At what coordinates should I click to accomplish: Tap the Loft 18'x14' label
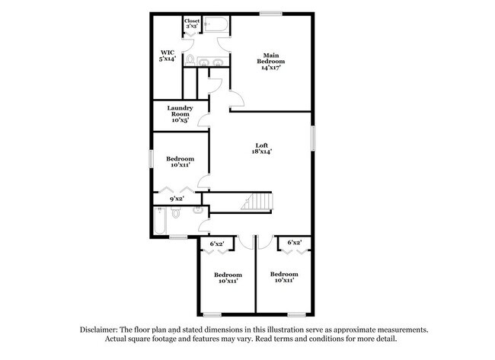point(261,148)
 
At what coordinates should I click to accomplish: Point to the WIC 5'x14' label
point(168,56)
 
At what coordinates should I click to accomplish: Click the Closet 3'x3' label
point(192,24)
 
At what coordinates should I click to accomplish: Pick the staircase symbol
point(256,202)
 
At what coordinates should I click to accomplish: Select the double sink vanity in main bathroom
point(213,62)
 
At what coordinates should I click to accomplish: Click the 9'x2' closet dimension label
point(176,199)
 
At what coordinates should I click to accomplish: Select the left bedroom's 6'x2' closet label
point(216,244)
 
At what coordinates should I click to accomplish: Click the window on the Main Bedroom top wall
point(270,14)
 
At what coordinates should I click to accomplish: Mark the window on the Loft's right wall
point(312,137)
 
